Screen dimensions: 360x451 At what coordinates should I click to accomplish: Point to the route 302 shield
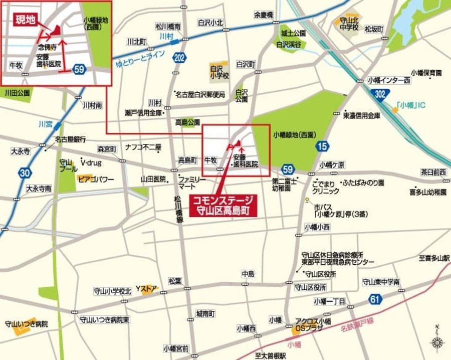click(x=380, y=93)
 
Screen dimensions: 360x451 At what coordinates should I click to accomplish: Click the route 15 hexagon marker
click(x=322, y=146)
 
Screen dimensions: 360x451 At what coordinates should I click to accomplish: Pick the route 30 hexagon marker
click(x=25, y=173)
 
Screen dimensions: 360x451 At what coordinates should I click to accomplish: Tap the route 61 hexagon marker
click(x=375, y=300)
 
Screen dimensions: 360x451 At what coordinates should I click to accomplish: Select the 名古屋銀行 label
click(x=70, y=139)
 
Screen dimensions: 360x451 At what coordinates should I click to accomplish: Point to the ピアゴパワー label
click(x=96, y=179)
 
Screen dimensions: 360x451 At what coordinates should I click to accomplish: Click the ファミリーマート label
click(x=192, y=183)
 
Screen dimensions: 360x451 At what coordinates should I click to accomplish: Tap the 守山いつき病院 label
click(x=26, y=324)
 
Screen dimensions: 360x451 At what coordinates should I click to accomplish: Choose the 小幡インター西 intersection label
click(x=389, y=80)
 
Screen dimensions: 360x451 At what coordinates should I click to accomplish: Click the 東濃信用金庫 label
click(x=362, y=115)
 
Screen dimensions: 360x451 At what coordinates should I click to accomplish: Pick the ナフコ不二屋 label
click(x=143, y=147)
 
